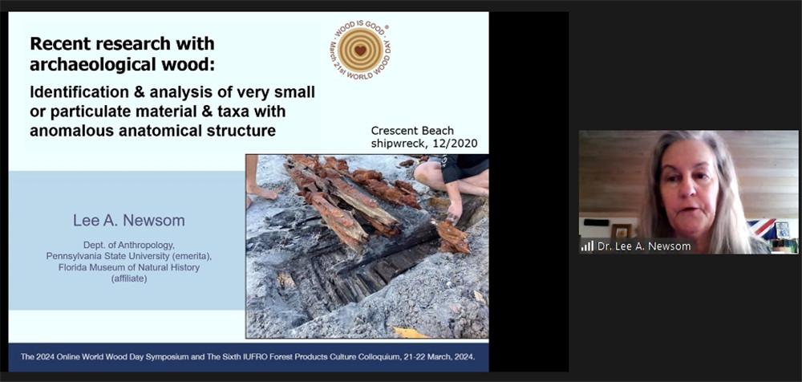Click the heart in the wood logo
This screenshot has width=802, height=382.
point(361,51)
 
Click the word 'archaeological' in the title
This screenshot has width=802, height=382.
point(85,64)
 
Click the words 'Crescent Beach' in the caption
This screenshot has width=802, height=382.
point(412,131)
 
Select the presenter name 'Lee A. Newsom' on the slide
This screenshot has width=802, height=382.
point(129,221)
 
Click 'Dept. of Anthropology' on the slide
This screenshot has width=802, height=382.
point(129,245)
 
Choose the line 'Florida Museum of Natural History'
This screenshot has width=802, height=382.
point(129,267)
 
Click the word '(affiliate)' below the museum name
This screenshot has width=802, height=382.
point(129,278)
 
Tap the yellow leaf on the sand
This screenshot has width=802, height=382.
point(410,333)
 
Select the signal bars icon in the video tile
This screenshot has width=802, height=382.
point(587,246)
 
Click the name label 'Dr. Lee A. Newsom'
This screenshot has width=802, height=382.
point(644,246)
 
